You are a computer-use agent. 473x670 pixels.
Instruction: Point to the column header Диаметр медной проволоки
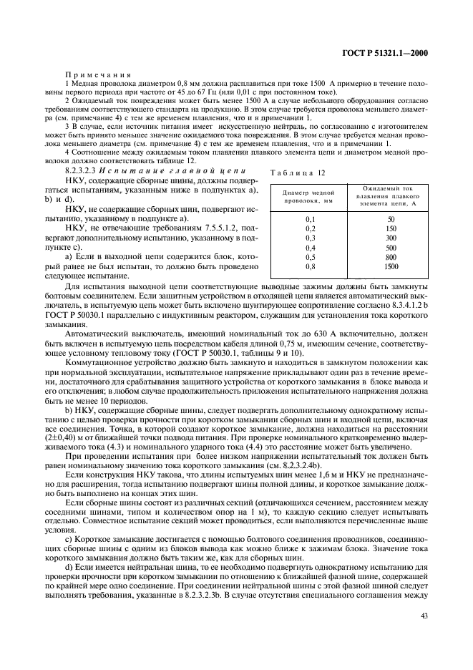(x=309, y=198)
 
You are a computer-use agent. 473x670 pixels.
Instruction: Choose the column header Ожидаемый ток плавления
(x=390, y=196)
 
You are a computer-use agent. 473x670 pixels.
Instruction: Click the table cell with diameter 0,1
(x=310, y=219)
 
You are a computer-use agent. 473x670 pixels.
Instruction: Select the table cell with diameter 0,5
(x=310, y=256)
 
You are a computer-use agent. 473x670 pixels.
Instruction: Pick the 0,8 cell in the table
(x=310, y=266)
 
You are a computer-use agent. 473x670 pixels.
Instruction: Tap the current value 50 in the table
(x=391, y=219)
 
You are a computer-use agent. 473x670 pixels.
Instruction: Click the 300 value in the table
(x=391, y=238)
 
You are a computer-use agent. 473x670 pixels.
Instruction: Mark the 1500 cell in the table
(x=391, y=266)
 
